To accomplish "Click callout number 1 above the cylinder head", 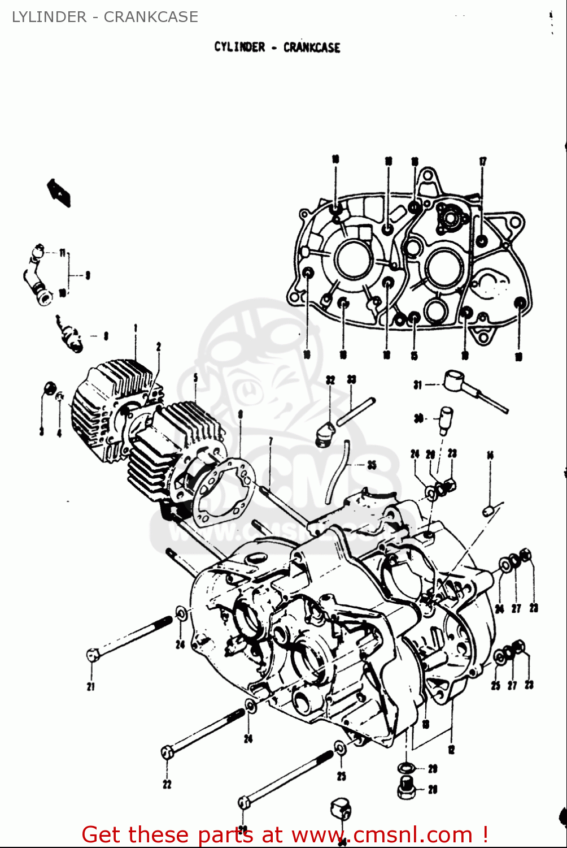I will pyautogui.click(x=136, y=328).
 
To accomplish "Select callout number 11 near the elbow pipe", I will pyautogui.click(x=62, y=253).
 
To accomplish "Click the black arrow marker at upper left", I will pyautogui.click(x=59, y=192).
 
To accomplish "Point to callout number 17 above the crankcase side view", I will pyautogui.click(x=483, y=162).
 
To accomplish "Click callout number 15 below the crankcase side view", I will pyautogui.click(x=415, y=356).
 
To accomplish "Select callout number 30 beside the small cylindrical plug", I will pyautogui.click(x=418, y=418).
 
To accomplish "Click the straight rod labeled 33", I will pyautogui.click(x=356, y=411).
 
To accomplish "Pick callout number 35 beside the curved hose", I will pyautogui.click(x=372, y=465).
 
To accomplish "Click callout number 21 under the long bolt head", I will pyautogui.click(x=90, y=687).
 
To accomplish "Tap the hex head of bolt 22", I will pyautogui.click(x=167, y=752).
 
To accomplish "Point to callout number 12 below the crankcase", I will pyautogui.click(x=451, y=750).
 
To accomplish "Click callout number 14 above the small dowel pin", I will pyautogui.click(x=490, y=455).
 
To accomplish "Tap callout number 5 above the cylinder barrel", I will pyautogui.click(x=195, y=377).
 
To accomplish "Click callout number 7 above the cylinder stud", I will pyautogui.click(x=271, y=441).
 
